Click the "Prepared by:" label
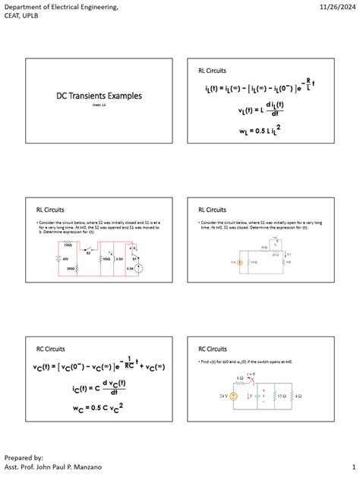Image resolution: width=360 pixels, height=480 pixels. [x=23, y=457]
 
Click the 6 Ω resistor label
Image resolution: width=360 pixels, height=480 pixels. [x=241, y=377]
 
